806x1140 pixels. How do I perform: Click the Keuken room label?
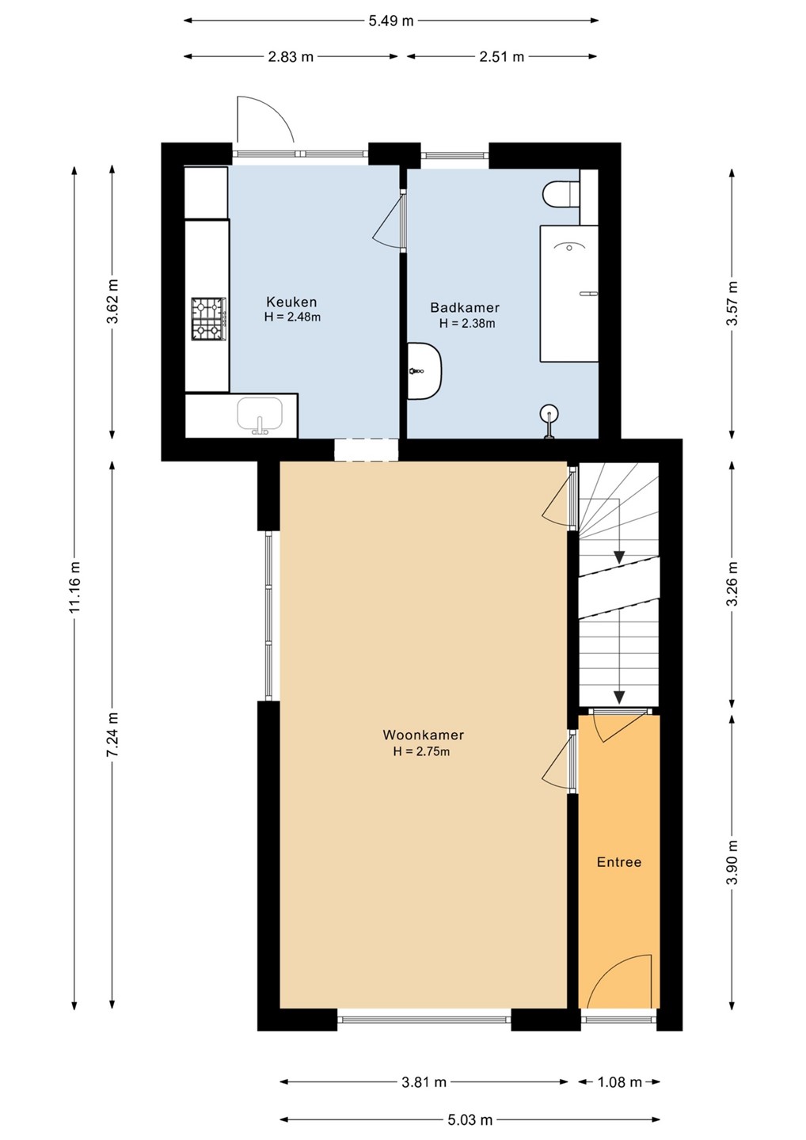coord(292,302)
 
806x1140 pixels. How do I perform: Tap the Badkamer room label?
coord(465,308)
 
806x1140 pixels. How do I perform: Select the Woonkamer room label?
coord(424,735)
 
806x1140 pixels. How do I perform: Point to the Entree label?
coord(618,862)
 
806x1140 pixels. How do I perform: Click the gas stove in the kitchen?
coord(207,319)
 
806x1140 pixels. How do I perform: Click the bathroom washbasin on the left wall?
coord(424,371)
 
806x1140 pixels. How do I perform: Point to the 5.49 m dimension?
coord(391,21)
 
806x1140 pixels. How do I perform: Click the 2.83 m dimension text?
coord(291,56)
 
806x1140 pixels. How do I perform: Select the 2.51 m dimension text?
coord(502,56)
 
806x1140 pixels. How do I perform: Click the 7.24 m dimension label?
coord(112,735)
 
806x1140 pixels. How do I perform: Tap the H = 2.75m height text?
coord(421,751)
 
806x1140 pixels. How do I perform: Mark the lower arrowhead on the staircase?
coord(619,696)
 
